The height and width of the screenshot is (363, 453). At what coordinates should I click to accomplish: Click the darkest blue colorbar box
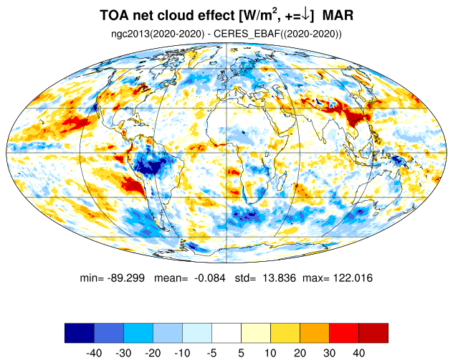(79, 333)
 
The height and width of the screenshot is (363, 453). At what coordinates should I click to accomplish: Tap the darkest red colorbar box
(373, 333)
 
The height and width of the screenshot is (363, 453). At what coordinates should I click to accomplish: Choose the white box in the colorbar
(226, 333)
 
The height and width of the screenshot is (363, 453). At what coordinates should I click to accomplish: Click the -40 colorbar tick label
(94, 353)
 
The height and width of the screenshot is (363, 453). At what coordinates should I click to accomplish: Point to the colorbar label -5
(211, 353)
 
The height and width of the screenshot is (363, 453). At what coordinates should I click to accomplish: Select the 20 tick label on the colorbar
(300, 353)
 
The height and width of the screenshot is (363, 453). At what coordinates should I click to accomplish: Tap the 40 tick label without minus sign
(358, 353)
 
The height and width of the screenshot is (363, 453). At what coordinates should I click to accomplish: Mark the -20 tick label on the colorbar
(153, 353)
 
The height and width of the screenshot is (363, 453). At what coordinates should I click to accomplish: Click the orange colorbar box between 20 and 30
(314, 333)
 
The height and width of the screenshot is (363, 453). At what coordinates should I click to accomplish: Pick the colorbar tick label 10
(270, 353)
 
